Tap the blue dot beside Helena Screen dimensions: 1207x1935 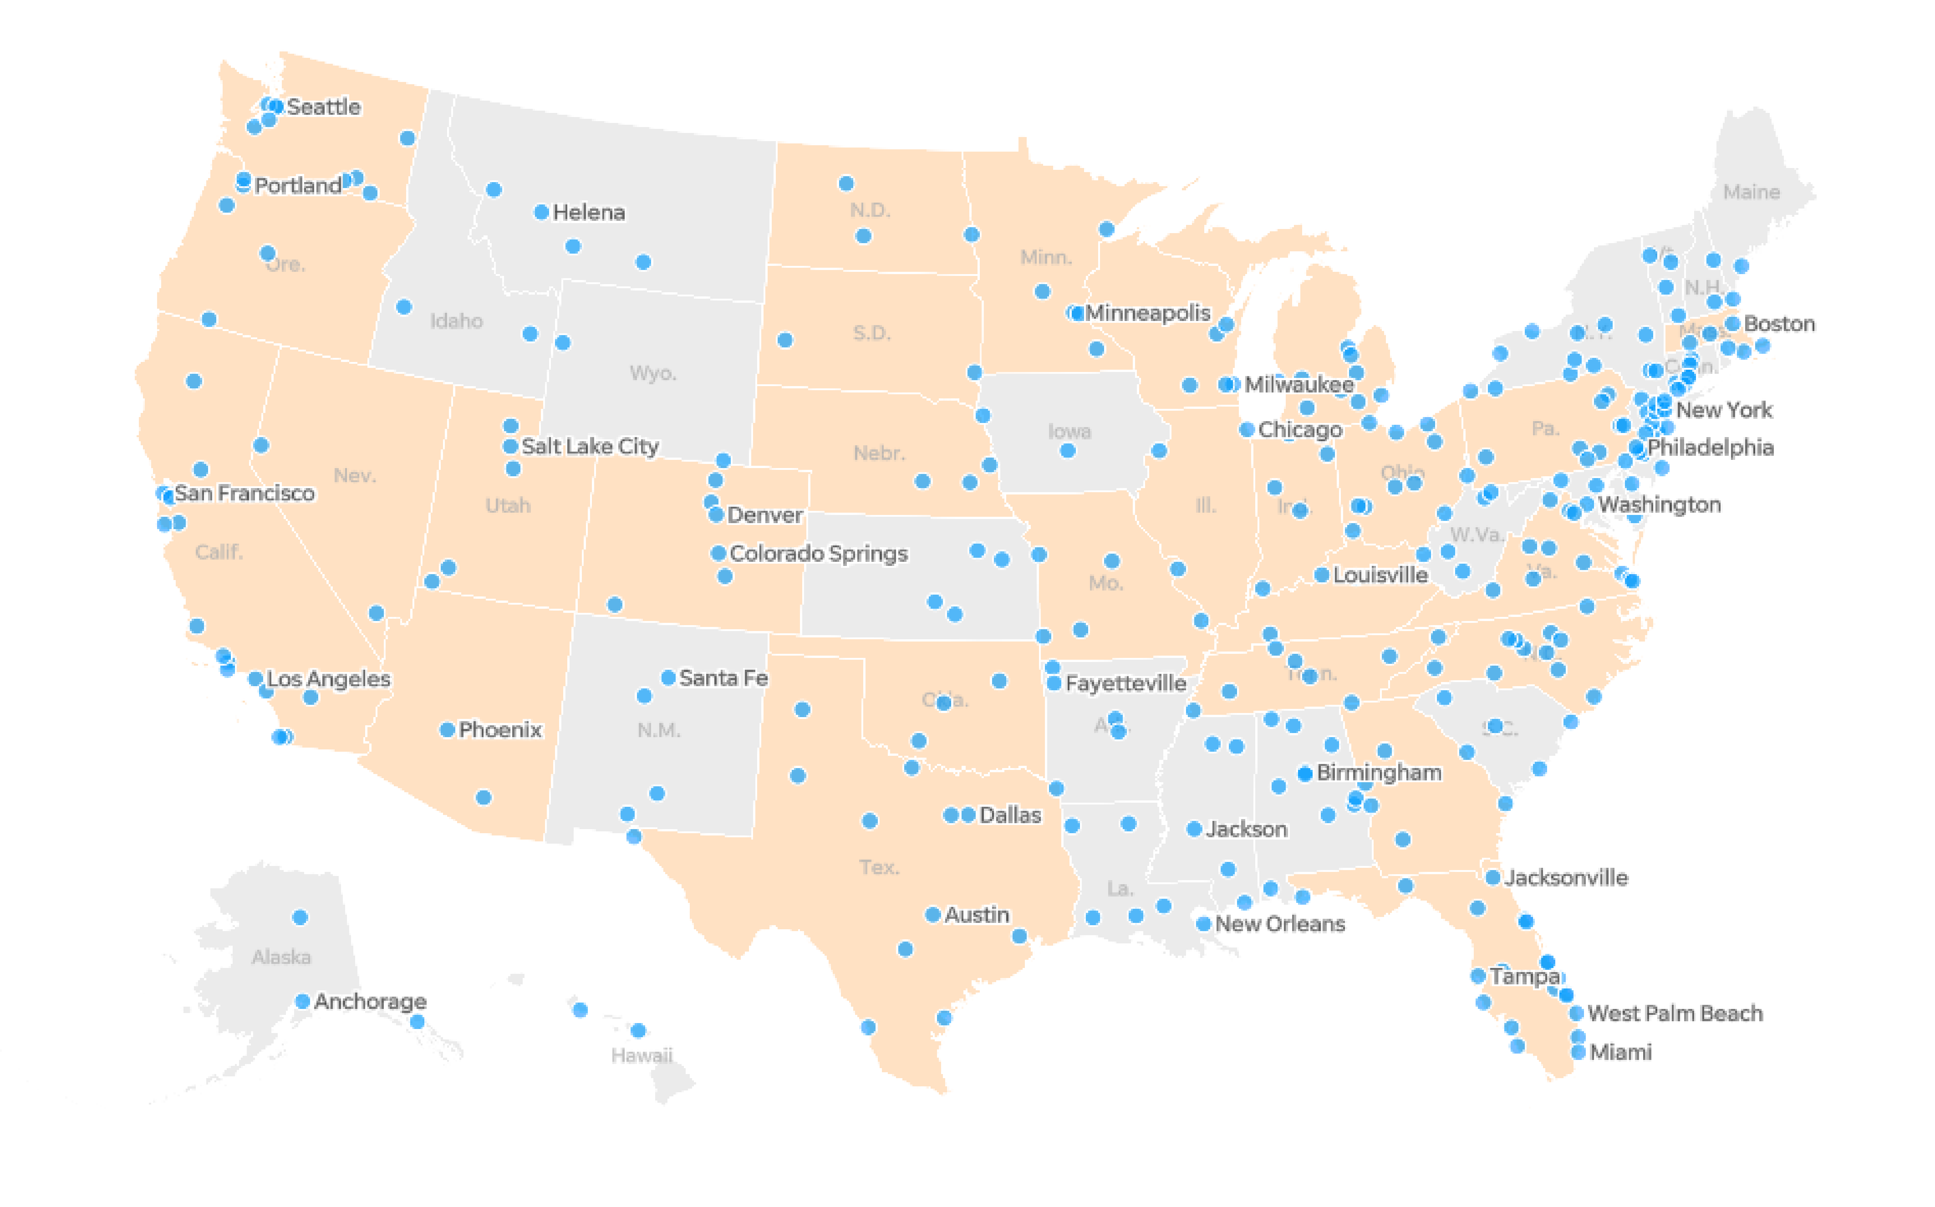point(541,212)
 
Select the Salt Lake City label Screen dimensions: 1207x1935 point(590,446)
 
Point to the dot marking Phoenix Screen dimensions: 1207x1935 point(447,730)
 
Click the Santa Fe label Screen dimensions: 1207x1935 point(723,678)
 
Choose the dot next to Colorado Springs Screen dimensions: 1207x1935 point(718,553)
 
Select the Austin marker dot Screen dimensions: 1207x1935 point(932,915)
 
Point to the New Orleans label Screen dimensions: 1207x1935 point(1280,924)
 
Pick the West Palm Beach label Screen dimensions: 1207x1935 point(1675,1013)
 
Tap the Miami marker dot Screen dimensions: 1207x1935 point(1578,1052)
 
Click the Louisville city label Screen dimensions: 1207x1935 point(1380,575)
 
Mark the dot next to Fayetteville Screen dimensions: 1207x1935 point(1054,683)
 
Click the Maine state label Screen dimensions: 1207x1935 point(1752,192)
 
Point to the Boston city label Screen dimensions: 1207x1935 point(1779,323)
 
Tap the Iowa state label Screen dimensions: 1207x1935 point(1069,431)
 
